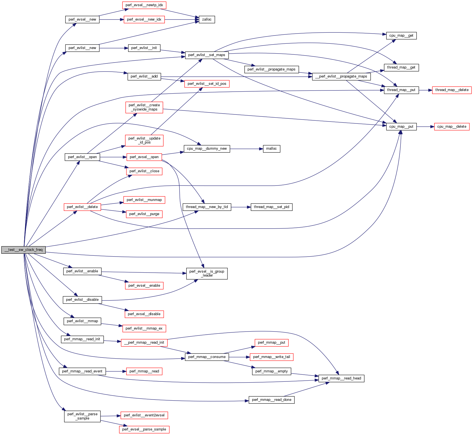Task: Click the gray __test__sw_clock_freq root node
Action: tap(23, 250)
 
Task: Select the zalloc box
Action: tap(207, 19)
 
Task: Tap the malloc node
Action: tap(271, 149)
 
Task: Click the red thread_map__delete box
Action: tap(452, 90)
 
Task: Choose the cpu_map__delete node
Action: tap(452, 127)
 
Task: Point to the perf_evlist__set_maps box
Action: tap(207, 55)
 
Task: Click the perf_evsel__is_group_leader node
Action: tap(207, 273)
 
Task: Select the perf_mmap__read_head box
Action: tap(341, 378)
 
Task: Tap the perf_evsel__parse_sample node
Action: tap(144, 429)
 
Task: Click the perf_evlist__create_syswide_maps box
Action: tap(144, 107)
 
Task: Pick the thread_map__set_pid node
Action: tap(271, 207)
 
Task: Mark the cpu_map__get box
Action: tap(401, 36)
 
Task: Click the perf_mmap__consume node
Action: tap(207, 357)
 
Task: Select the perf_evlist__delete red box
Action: tap(82, 207)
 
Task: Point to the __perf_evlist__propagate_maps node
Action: tap(341, 76)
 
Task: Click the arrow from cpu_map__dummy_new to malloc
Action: tap(246, 149)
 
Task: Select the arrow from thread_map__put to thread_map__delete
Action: tap(425, 90)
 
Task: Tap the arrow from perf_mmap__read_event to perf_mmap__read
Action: tap(116, 371)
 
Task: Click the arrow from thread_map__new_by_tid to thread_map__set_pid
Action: tap(241, 207)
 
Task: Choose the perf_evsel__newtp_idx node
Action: tap(144, 5)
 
